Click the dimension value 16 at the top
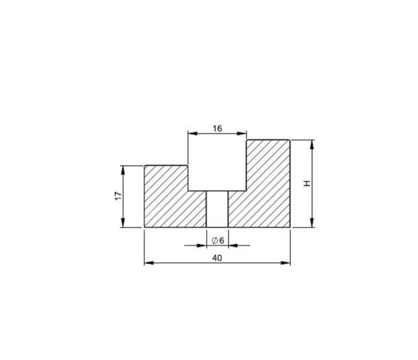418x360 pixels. pos(217,129)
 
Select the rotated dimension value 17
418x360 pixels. pos(118,196)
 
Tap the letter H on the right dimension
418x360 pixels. pos(307,184)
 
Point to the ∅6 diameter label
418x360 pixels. pos(218,240)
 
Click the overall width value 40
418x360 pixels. pos(217,258)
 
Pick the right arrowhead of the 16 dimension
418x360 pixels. pos(242,133)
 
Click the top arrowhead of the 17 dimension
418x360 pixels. pos(123,169)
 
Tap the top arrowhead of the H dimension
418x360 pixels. pos(313,144)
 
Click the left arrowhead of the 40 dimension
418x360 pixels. pos(149,263)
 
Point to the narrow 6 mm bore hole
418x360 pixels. pos(217,209)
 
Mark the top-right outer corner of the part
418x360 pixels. pos(290,140)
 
